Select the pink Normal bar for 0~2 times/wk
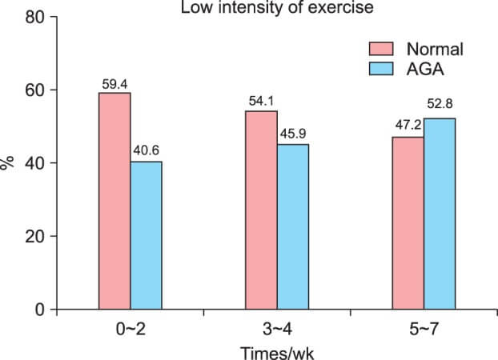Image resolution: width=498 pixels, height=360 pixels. point(114,201)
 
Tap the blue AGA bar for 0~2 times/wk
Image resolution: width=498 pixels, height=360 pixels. point(146,235)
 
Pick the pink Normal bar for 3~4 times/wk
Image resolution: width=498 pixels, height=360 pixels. point(261,210)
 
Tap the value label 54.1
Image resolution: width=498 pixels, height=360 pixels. point(261,102)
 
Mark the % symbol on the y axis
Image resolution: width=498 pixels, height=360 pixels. point(8,162)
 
